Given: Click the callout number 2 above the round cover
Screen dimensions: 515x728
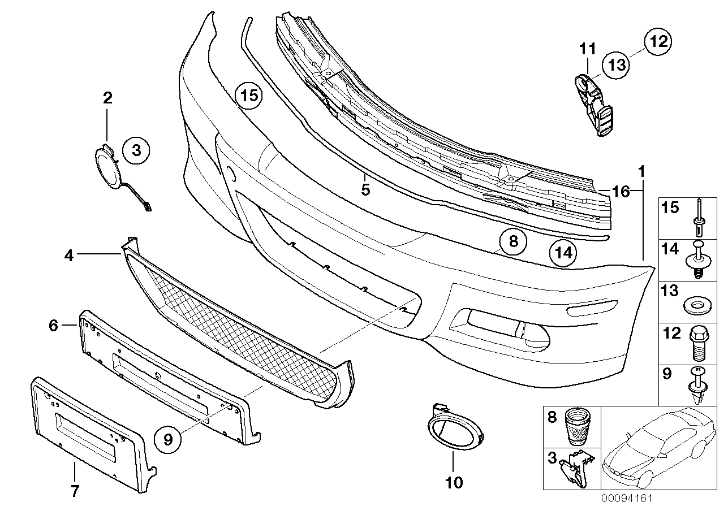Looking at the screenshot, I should click(107, 98).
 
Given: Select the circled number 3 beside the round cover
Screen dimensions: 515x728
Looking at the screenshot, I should click(136, 150).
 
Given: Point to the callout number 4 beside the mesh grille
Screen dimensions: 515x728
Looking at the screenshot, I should click(68, 256).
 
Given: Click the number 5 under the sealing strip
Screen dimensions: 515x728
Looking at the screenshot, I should click(365, 189).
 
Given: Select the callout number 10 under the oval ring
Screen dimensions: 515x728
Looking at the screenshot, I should click(454, 482).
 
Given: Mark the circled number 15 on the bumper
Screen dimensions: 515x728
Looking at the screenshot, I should click(249, 95).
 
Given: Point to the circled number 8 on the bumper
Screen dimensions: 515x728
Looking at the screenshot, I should click(513, 242).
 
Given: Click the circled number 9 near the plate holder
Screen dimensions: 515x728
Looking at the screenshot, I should click(168, 438).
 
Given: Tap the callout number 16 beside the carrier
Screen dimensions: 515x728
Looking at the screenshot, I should click(620, 192).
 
